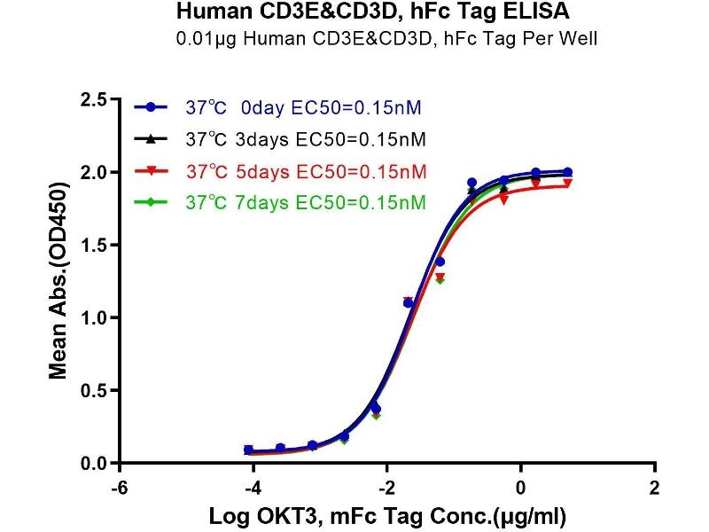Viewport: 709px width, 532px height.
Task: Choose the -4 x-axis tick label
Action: coord(252,488)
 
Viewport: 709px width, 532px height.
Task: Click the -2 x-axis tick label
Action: coord(386,488)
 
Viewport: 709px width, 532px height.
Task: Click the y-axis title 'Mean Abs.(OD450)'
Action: coord(58,281)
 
